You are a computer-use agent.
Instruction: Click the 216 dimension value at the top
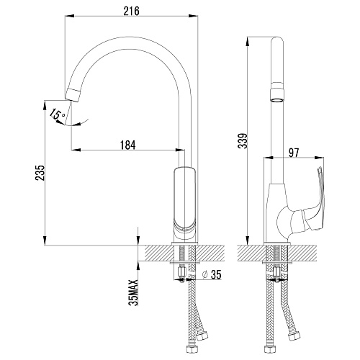(x=131, y=11)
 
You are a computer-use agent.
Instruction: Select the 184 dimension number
(x=128, y=145)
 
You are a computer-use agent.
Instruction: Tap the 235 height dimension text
(x=40, y=173)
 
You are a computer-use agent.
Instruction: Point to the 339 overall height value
(x=243, y=140)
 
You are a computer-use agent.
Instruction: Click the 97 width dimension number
(x=294, y=153)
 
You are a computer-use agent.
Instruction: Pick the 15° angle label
(x=56, y=114)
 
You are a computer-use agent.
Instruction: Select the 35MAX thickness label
(x=134, y=292)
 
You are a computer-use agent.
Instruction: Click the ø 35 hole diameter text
(x=212, y=274)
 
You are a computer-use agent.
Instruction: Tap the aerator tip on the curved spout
(x=73, y=94)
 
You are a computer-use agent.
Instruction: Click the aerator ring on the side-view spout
(x=277, y=92)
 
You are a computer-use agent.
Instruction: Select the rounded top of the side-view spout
(x=277, y=41)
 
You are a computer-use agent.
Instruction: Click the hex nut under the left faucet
(x=181, y=273)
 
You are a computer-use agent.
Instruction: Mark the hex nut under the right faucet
(x=277, y=272)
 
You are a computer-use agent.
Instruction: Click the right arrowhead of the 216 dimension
(x=193, y=16)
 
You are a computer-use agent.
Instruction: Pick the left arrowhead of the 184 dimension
(x=76, y=150)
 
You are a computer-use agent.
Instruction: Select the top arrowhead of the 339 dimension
(x=247, y=41)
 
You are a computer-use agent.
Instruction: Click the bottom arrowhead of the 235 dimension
(x=45, y=240)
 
